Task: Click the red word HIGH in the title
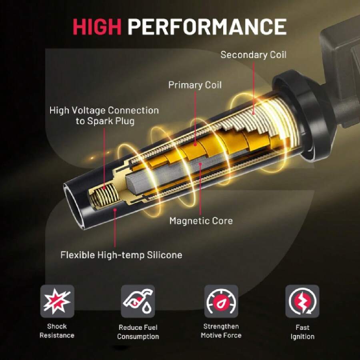(x=97, y=27)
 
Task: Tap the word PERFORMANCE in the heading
(x=207, y=27)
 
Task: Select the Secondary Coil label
(x=254, y=55)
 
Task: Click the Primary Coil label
(x=195, y=85)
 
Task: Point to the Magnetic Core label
(x=201, y=221)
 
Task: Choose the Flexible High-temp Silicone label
(x=121, y=255)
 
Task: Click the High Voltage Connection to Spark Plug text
(x=104, y=116)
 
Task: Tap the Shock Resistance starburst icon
(x=57, y=301)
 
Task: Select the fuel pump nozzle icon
(x=138, y=301)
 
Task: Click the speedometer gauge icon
(x=221, y=301)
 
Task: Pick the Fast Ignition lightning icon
(x=302, y=301)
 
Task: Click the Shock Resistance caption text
(x=57, y=331)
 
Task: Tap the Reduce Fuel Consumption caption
(x=138, y=332)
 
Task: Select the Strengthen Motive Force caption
(x=221, y=331)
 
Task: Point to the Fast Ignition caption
(x=302, y=332)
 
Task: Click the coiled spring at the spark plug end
(x=104, y=195)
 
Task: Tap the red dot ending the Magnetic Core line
(x=200, y=164)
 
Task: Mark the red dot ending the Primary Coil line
(x=195, y=145)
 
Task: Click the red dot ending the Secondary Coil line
(x=254, y=113)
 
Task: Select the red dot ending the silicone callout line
(x=115, y=209)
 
